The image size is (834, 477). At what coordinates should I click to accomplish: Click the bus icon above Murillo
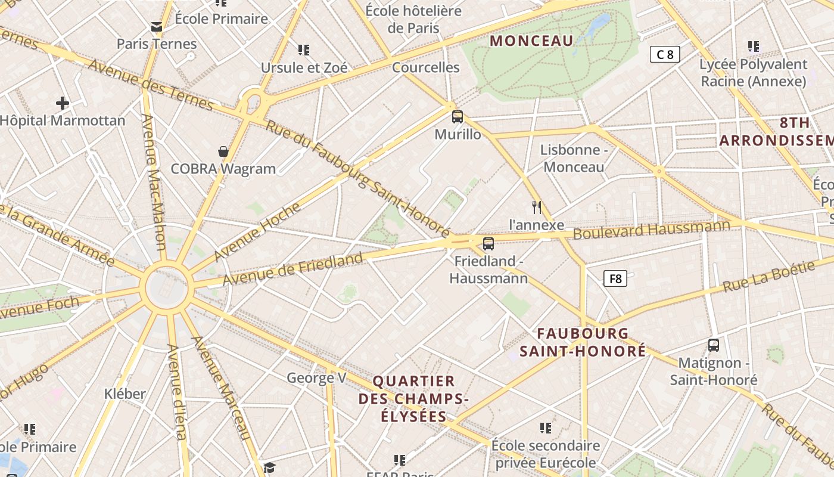458,117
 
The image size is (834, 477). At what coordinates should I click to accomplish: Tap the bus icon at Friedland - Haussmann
488,243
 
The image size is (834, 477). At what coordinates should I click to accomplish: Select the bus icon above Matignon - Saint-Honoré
713,345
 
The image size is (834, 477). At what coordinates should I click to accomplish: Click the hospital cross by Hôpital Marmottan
63,103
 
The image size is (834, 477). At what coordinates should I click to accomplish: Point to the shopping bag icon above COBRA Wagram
223,151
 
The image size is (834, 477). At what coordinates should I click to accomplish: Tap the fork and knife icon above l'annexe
537,207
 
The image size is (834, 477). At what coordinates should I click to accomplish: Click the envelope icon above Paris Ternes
157,27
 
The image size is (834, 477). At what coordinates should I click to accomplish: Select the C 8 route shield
665,55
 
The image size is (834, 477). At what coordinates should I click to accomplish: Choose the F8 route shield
615,278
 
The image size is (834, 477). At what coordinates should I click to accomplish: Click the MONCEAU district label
531,41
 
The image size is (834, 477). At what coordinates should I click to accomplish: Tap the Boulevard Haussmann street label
651,229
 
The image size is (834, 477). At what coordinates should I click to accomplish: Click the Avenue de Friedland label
292,268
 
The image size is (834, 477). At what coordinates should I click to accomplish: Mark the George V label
316,377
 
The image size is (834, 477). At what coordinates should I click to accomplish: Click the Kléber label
125,394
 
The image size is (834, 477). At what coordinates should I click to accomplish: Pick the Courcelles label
425,67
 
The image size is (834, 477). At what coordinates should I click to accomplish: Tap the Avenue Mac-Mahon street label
153,181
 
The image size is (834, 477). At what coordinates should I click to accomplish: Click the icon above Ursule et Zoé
304,50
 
